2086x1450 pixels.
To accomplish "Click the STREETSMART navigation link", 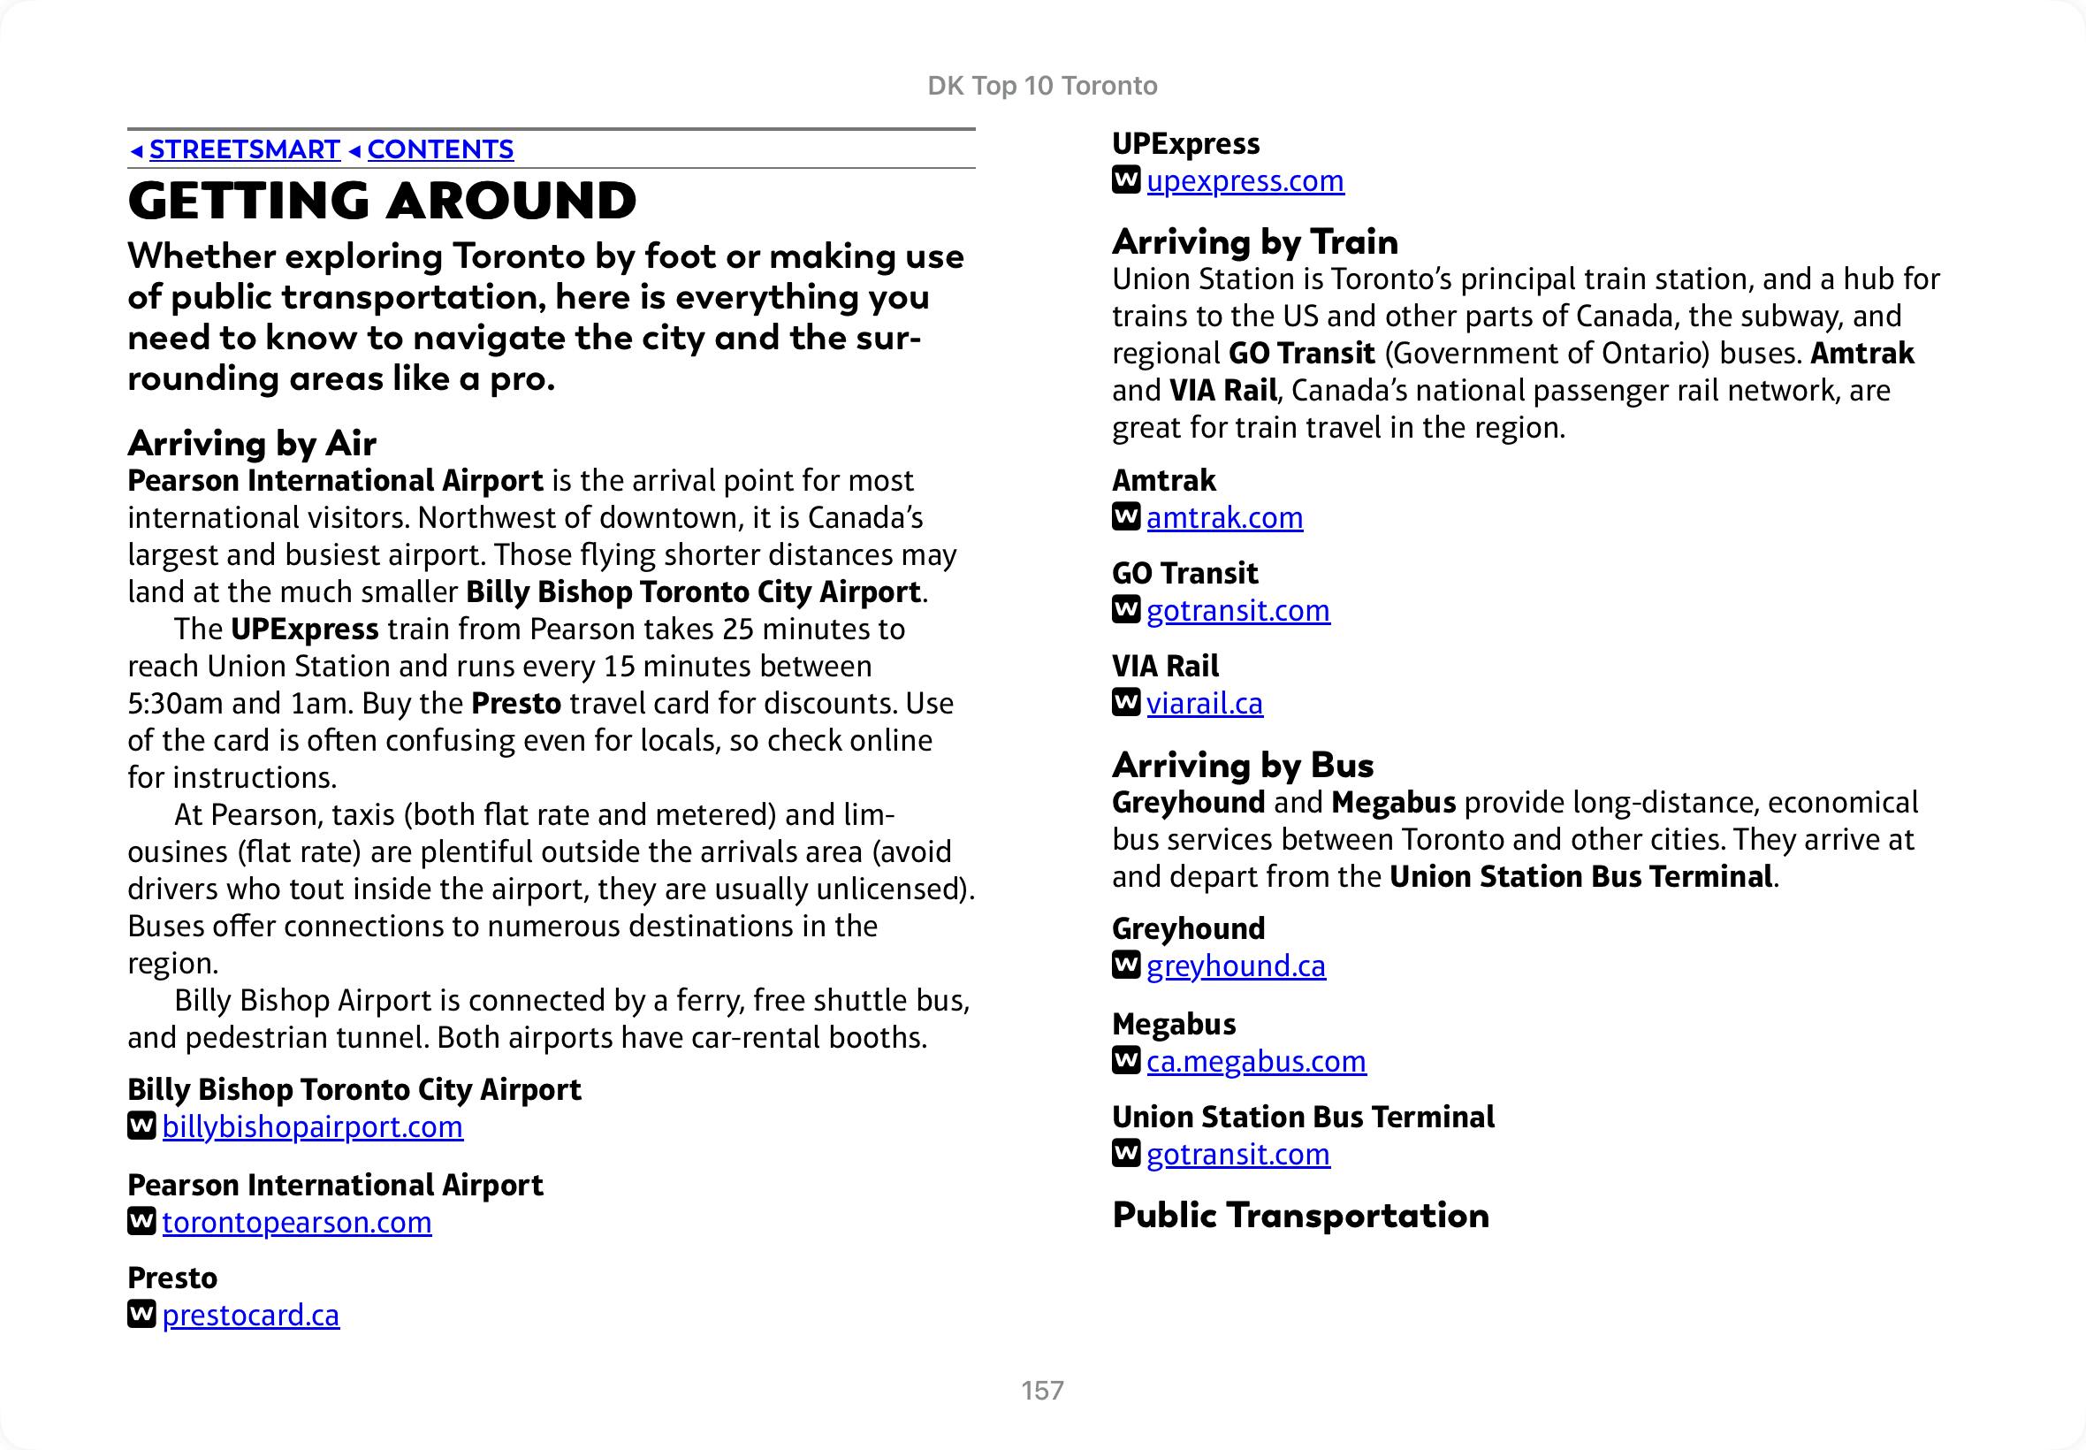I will click(x=243, y=149).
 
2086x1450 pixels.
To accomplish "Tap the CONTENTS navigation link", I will click(x=439, y=149).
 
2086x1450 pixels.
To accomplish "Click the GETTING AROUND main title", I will click(x=383, y=201).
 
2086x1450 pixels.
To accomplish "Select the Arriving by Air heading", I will click(x=252, y=443).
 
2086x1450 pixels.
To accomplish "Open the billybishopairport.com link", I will click(x=312, y=1126).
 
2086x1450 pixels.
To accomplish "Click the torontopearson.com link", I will click(x=297, y=1222).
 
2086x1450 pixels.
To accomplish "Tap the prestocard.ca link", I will click(x=251, y=1315).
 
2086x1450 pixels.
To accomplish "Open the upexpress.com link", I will click(x=1245, y=180).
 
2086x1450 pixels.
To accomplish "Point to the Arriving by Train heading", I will click(x=1254, y=241).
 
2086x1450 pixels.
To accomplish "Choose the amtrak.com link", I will click(x=1224, y=517).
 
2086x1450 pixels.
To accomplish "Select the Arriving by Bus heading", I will click(x=1243, y=765).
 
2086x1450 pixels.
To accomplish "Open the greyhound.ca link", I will click(x=1236, y=965).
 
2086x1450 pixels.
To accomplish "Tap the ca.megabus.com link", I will click(x=1256, y=1060).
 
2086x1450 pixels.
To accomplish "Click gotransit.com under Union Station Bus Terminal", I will click(x=1237, y=1154).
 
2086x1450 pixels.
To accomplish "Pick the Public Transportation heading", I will click(x=1300, y=1216).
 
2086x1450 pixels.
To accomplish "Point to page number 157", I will click(x=1042, y=1390).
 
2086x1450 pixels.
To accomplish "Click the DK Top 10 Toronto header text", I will click(x=1042, y=86).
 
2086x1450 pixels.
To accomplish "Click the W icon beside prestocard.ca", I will click(x=141, y=1314).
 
